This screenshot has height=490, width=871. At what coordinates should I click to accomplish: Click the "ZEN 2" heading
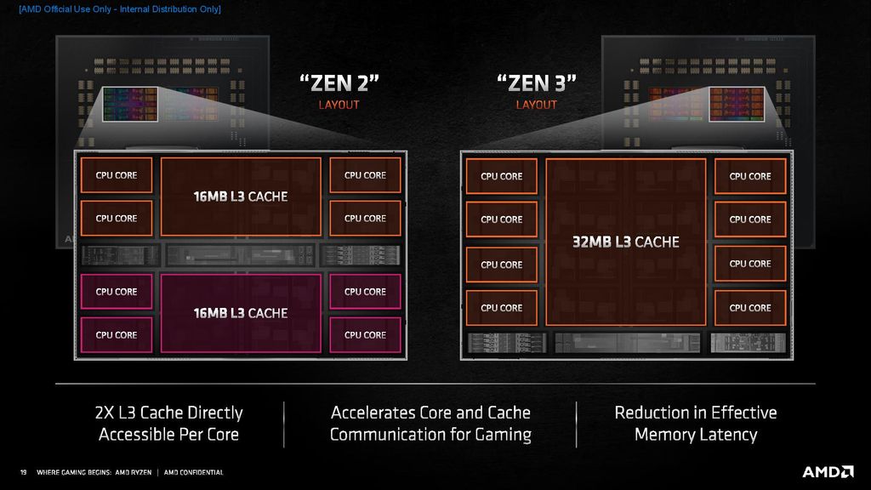pyautogui.click(x=339, y=83)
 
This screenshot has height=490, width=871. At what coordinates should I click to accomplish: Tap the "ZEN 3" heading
pyautogui.click(x=537, y=83)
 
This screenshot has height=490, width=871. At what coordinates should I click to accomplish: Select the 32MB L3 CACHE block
pyautogui.click(x=626, y=242)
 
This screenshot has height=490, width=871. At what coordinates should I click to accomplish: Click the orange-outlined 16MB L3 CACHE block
pyautogui.click(x=241, y=197)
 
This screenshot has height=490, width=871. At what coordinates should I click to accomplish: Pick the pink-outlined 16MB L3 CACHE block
pyautogui.click(x=241, y=313)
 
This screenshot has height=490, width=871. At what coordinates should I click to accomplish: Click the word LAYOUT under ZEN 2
pyautogui.click(x=339, y=105)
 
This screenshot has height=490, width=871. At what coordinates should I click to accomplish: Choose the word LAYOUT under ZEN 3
pyautogui.click(x=537, y=105)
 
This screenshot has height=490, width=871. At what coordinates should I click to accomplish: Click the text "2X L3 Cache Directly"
pyautogui.click(x=168, y=413)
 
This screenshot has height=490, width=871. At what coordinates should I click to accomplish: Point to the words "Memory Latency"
pyautogui.click(x=696, y=435)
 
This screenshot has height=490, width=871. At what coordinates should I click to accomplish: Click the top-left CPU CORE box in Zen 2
pyautogui.click(x=117, y=175)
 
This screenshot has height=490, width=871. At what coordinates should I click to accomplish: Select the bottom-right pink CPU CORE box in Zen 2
pyautogui.click(x=365, y=335)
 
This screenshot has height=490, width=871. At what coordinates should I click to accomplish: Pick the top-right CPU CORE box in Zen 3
pyautogui.click(x=750, y=176)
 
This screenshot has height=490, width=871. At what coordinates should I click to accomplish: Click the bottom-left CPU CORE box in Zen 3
pyautogui.click(x=501, y=308)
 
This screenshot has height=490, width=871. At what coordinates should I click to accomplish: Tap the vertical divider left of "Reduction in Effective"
pyautogui.click(x=576, y=423)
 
